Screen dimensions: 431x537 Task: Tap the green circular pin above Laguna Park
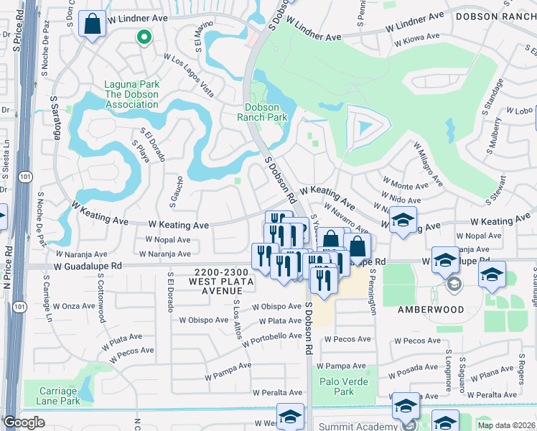tap(144, 38)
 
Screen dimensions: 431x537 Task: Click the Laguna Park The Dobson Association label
tap(131, 94)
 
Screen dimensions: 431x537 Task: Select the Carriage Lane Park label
tap(50, 396)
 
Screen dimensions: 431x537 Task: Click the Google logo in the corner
tap(24, 422)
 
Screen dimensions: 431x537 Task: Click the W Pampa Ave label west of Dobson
tap(228, 375)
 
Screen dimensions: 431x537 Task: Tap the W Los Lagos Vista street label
tap(189, 75)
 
